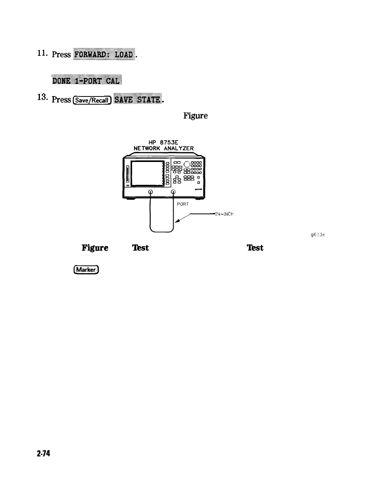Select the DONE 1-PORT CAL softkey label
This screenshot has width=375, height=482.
(87, 81)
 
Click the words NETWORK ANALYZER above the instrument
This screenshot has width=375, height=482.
(163, 148)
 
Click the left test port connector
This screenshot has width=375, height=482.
(151, 192)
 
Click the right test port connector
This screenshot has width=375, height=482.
(173, 192)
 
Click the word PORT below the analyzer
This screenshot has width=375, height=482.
(182, 204)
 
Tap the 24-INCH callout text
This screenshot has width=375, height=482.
(224, 214)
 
